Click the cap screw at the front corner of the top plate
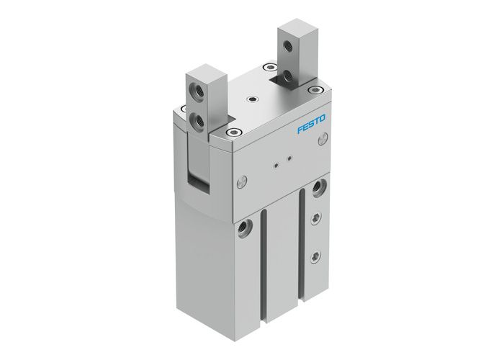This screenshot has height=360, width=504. click(233, 132)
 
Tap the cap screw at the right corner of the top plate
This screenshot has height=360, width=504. click(315, 90)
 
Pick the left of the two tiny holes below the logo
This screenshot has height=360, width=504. click(276, 164)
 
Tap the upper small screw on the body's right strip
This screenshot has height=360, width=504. click(315, 218)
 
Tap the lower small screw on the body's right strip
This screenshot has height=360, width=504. click(315, 256)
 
